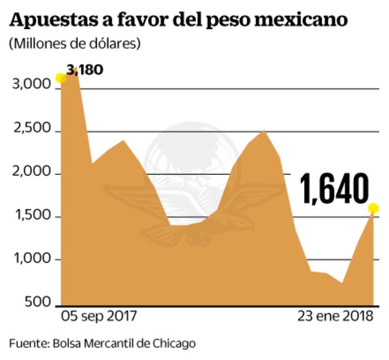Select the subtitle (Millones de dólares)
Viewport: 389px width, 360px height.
pos(74,44)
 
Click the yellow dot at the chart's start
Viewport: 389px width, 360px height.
pos(60,78)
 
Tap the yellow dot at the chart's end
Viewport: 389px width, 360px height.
pos(373,208)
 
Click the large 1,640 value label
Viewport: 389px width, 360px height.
pos(334,190)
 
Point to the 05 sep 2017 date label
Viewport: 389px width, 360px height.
pos(99,317)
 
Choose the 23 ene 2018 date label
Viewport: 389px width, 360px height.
pos(335,317)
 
